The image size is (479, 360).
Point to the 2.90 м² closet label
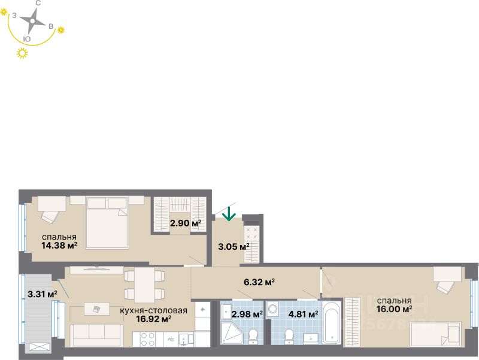[185, 223]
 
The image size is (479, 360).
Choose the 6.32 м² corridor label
[259, 282]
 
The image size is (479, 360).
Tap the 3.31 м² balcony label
[42, 294]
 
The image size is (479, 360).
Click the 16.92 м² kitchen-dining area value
[154, 319]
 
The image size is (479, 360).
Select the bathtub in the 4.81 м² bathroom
[332, 323]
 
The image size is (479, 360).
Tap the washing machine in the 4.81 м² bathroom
[273, 310]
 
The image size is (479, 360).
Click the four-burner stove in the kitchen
[147, 339]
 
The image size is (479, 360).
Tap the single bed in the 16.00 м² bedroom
[435, 334]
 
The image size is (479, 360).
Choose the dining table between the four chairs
[144, 285]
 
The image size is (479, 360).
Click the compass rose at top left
[32, 22]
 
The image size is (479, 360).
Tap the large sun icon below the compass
[23, 54]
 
